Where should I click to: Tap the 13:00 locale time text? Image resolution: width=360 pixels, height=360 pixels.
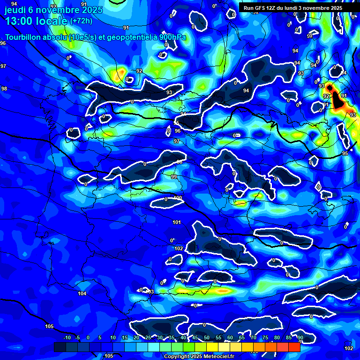point(35,21)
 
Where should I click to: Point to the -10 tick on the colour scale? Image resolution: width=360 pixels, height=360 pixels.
point(67,338)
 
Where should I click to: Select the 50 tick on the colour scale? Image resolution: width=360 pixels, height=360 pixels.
point(207,338)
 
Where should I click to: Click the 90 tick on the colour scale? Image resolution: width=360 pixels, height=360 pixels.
point(300,338)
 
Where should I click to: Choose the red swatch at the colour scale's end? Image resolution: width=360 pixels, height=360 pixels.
point(294,347)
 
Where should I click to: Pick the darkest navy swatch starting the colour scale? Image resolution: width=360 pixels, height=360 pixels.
point(60,347)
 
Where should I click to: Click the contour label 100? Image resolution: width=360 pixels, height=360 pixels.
point(178,198)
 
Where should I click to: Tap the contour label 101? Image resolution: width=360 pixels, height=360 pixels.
point(177,222)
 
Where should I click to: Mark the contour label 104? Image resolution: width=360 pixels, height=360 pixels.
point(82,293)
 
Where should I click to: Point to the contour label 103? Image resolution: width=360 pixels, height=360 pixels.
point(150,292)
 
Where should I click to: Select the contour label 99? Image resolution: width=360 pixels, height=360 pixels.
point(174,177)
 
